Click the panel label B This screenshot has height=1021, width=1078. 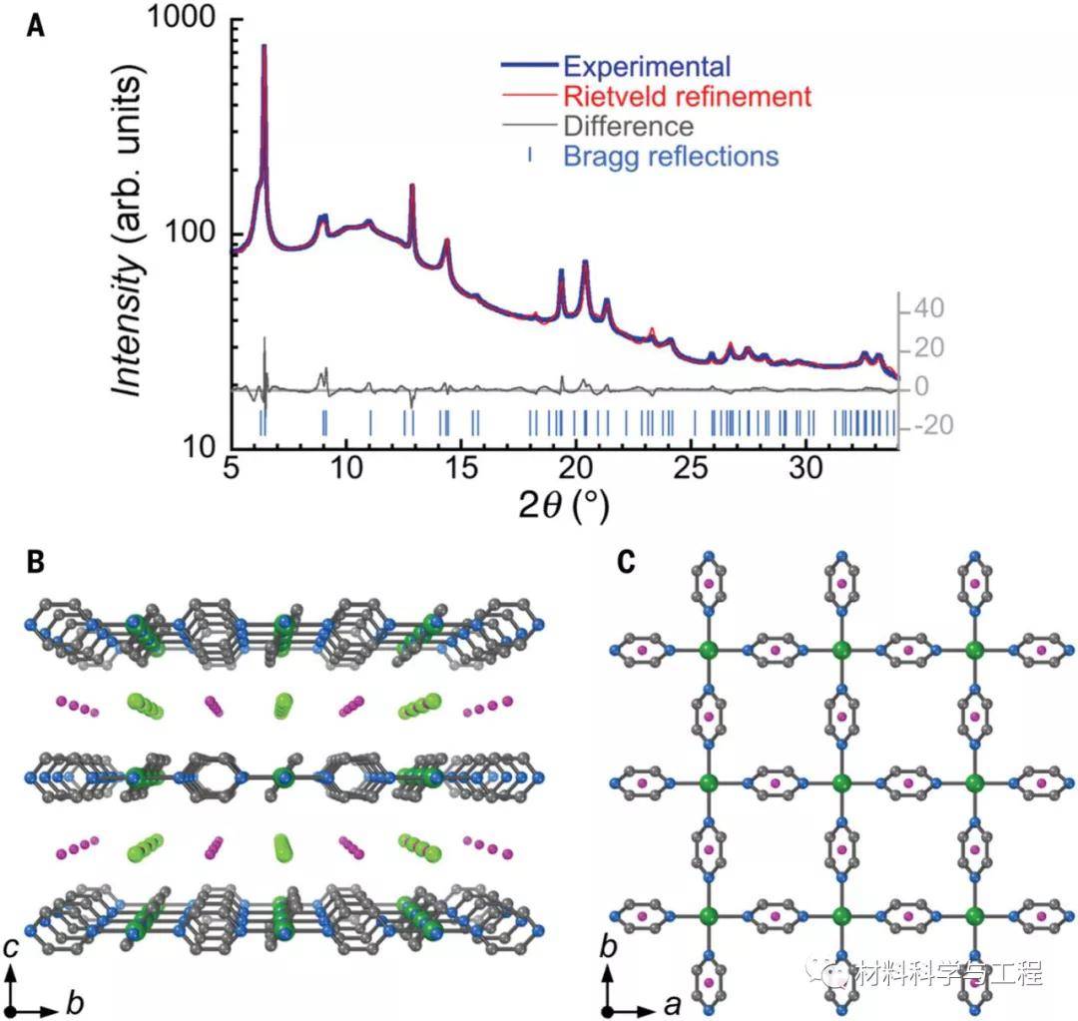[x=35, y=561]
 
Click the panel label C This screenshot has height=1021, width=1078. [x=626, y=561]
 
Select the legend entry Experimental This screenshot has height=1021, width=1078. [x=646, y=66]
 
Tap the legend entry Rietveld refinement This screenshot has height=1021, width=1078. [x=685, y=97]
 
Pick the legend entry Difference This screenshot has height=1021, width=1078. [x=628, y=127]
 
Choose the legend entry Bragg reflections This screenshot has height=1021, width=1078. [x=670, y=157]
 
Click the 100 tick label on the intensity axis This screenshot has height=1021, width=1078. [x=196, y=234]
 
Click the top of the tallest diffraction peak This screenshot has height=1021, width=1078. [x=265, y=46]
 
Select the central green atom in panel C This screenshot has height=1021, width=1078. [x=839, y=781]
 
